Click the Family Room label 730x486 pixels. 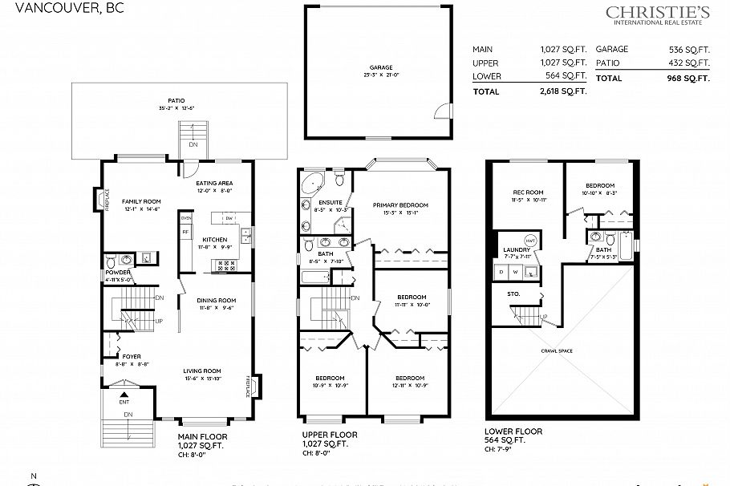[x=141, y=201]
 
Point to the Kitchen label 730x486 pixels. [x=213, y=240]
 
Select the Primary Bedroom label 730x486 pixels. [x=400, y=205]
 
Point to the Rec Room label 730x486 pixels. [x=529, y=192]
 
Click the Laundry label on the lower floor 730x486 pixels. [x=517, y=250]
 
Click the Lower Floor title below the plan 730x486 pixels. [x=513, y=431]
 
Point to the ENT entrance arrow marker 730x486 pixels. [x=124, y=395]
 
